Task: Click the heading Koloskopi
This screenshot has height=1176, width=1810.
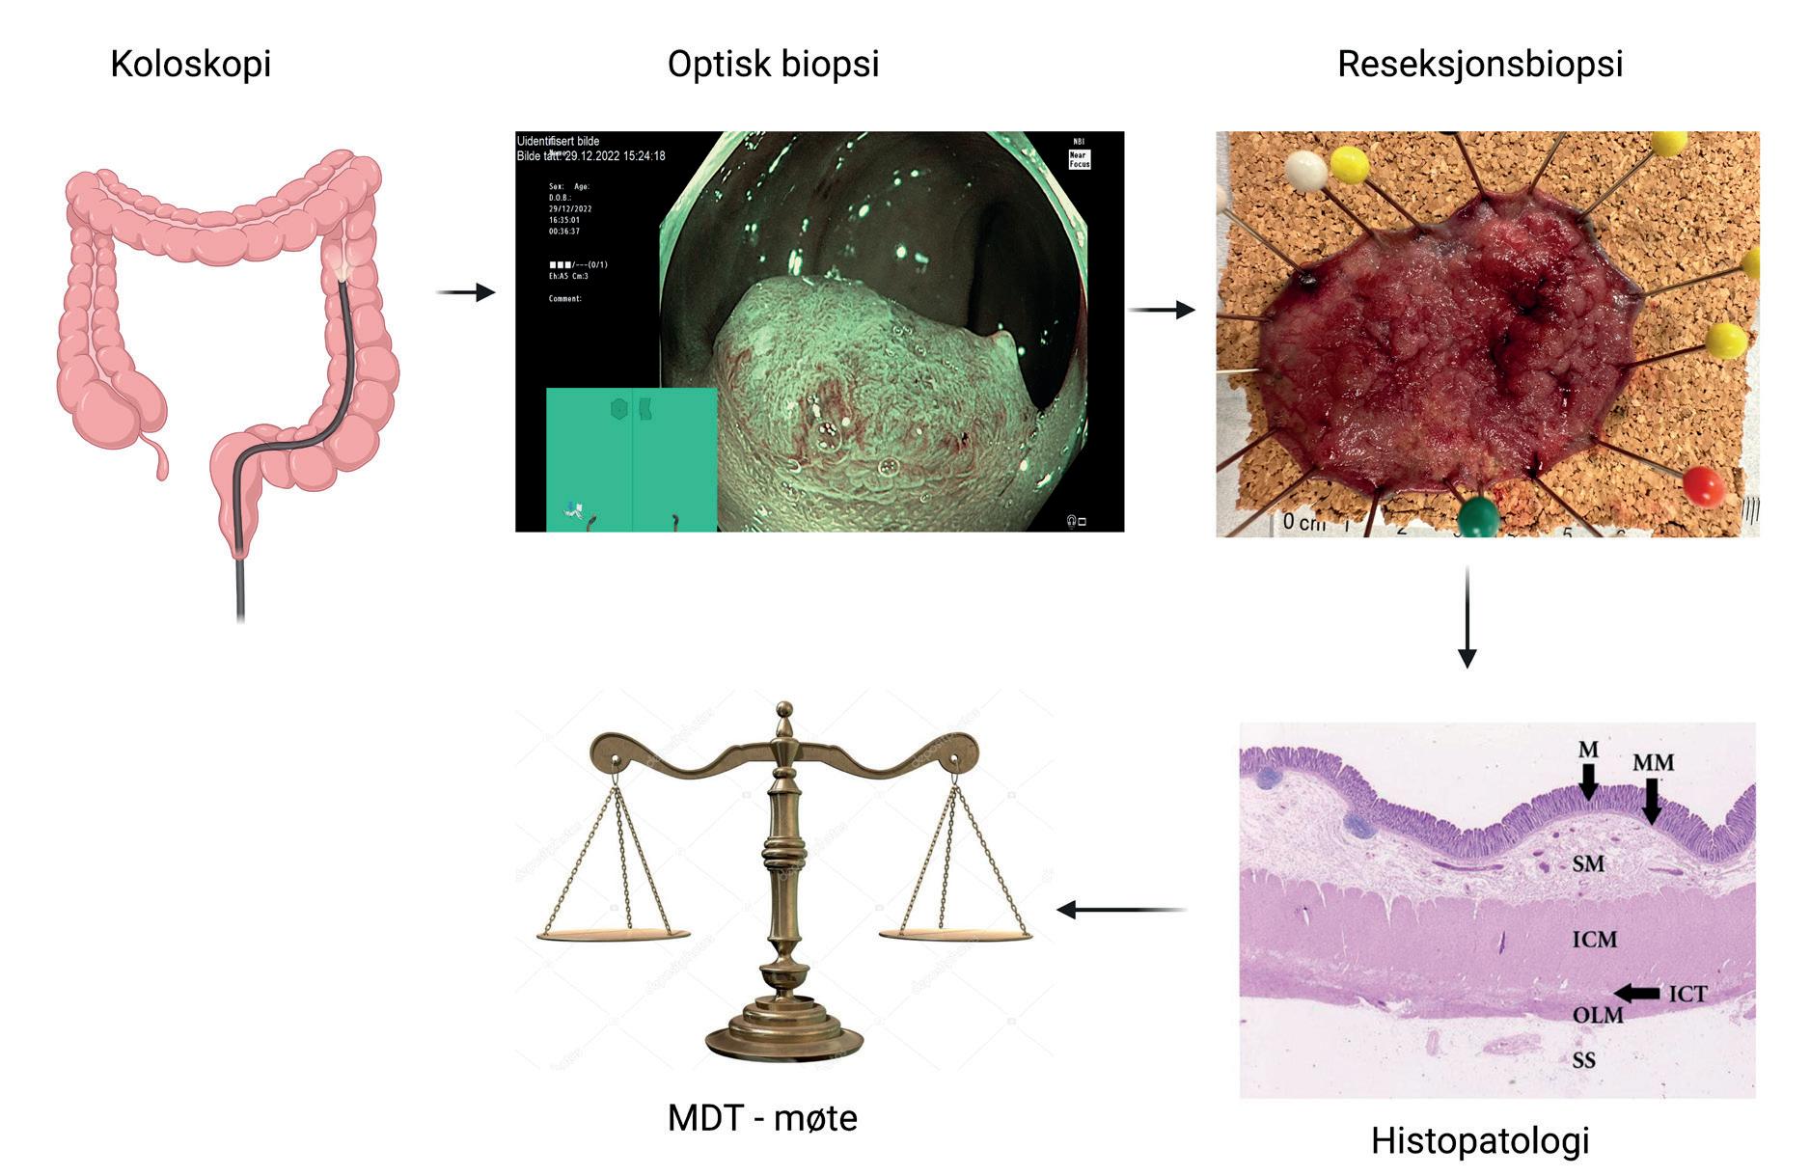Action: (190, 65)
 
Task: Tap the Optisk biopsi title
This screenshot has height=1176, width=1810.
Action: (773, 65)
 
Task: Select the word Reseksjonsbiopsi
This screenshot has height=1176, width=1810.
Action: (1479, 65)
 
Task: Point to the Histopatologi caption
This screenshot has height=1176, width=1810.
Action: (1479, 1140)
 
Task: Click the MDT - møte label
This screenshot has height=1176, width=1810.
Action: (762, 1118)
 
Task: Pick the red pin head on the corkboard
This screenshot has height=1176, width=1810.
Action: (1703, 484)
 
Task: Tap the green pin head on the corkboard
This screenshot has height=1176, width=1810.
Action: (1476, 517)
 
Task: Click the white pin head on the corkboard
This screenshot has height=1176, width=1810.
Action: (1305, 171)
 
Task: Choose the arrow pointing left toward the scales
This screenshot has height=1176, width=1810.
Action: (1121, 910)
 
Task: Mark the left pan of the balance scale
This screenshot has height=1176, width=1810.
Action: (614, 934)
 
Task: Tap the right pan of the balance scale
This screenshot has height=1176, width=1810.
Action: (954, 934)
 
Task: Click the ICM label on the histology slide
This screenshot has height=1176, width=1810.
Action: (1594, 939)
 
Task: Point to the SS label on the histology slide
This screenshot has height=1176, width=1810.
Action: (1583, 1060)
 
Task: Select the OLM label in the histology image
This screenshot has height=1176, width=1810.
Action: (1597, 1015)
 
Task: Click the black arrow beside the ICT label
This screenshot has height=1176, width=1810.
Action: (1636, 993)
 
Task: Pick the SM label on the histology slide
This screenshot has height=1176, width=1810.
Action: (1588, 863)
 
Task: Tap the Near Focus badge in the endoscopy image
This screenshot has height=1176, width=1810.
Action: (1079, 159)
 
